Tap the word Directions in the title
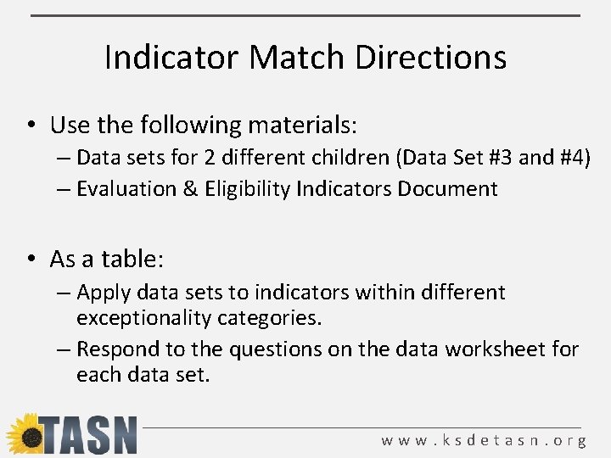pos(430,58)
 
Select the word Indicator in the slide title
pos(172,58)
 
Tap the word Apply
pos(101,293)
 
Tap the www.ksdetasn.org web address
pos(484,441)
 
